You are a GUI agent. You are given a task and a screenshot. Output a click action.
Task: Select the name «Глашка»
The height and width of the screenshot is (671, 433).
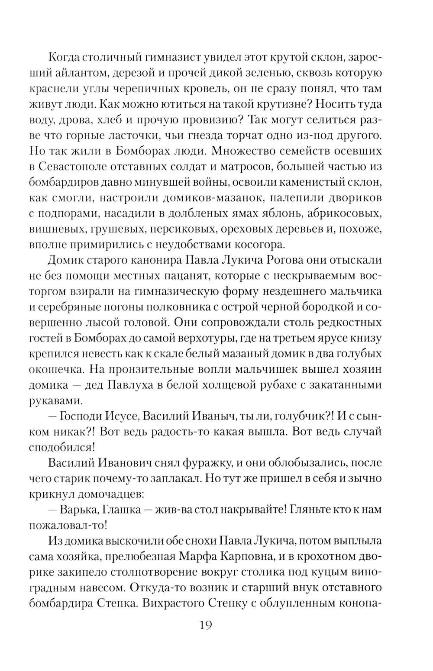tap(122, 510)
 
